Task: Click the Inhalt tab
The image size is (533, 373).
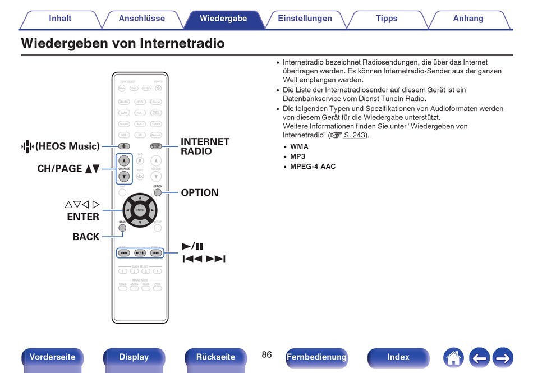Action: click(x=60, y=19)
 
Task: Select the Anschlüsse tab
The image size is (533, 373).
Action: click(x=142, y=19)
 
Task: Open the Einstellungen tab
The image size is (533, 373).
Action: click(x=305, y=19)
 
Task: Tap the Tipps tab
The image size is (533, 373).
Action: click(x=387, y=19)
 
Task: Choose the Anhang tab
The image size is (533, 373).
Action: click(x=468, y=19)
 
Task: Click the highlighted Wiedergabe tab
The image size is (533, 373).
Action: click(x=223, y=19)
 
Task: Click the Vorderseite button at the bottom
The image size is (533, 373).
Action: click(x=52, y=357)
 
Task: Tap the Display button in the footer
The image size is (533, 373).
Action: click(x=134, y=357)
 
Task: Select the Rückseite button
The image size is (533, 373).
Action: click(x=215, y=357)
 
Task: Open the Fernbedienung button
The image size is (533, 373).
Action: click(x=316, y=357)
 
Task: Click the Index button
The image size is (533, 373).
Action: click(x=398, y=357)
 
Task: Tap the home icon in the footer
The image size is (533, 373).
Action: click(x=453, y=357)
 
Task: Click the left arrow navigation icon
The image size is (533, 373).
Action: click(x=479, y=357)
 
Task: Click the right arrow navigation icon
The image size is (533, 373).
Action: click(x=503, y=357)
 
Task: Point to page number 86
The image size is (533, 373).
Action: click(x=266, y=355)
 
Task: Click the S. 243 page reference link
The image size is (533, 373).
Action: click(x=355, y=135)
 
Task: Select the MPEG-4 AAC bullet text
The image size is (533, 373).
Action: click(x=313, y=167)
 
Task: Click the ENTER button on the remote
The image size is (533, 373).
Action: click(x=140, y=210)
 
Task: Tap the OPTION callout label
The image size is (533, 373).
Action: click(x=200, y=193)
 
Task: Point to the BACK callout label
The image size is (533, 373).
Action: click(x=86, y=237)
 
